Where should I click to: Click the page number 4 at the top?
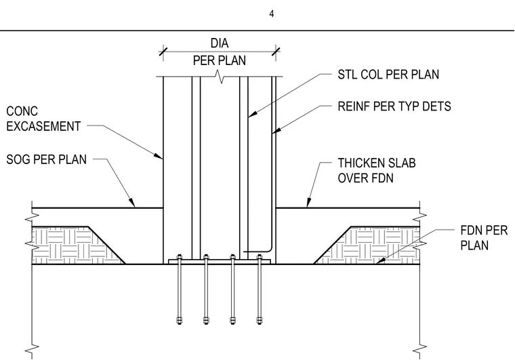tap(272, 14)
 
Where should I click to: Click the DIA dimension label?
tap(220, 43)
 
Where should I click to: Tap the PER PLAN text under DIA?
tap(219, 60)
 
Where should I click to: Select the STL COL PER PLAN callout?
tap(388, 75)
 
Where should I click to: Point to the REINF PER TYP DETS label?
tap(394, 106)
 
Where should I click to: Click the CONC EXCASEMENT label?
tap(43, 119)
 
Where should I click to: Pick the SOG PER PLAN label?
tap(46, 159)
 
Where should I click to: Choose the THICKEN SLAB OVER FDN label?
tap(377, 170)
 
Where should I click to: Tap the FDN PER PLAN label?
tap(484, 238)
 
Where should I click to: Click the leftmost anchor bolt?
tap(179, 289)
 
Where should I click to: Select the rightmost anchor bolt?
tap(260, 289)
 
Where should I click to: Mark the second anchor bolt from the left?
tap(206, 289)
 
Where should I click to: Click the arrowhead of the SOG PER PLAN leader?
tap(132, 203)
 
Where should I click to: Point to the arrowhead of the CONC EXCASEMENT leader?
tap(159, 156)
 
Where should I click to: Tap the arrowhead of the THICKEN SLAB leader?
tap(308, 203)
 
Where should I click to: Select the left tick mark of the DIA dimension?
tap(163, 52)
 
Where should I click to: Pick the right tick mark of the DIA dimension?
tap(276, 52)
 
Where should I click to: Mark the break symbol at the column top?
tap(220, 77)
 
